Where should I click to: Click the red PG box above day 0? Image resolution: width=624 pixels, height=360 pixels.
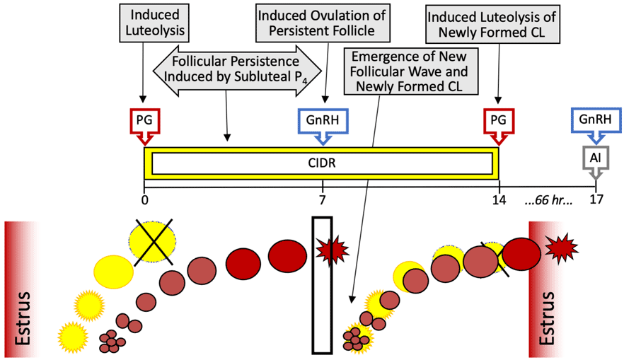144,120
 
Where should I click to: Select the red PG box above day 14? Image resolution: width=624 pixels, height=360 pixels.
499,120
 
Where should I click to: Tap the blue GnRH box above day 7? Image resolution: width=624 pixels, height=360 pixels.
323,120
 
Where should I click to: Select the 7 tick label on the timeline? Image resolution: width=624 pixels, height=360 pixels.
323,199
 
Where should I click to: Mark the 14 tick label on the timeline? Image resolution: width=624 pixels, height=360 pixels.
499,199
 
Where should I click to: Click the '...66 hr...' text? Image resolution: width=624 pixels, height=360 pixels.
549,199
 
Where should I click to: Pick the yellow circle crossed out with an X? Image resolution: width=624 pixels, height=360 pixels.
154,242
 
